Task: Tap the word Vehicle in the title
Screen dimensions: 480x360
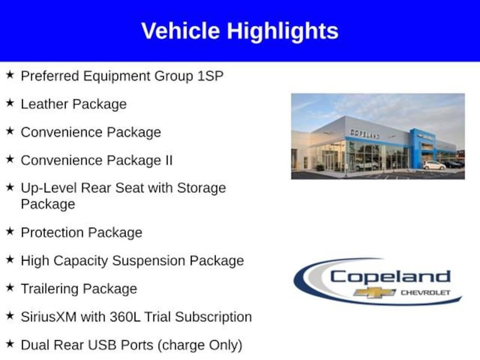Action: coord(180,30)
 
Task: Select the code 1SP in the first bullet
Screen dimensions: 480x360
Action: coord(210,76)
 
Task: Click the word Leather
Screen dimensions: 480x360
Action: coord(45,104)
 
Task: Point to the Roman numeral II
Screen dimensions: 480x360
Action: coord(169,160)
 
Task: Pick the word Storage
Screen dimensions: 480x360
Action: coord(202,188)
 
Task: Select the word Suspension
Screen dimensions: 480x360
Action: coord(149,261)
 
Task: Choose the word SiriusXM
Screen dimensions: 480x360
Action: coord(49,317)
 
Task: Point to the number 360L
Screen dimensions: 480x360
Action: coord(125,317)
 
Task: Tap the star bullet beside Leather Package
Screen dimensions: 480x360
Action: coord(10,103)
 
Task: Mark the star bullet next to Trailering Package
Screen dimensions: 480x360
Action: coord(10,287)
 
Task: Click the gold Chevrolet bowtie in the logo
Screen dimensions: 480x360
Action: coord(375,292)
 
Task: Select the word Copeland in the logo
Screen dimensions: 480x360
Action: coord(390,277)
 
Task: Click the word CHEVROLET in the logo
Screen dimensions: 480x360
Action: coord(425,292)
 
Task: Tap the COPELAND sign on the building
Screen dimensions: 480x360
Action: coord(365,134)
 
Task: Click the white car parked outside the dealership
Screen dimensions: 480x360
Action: coord(434,165)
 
